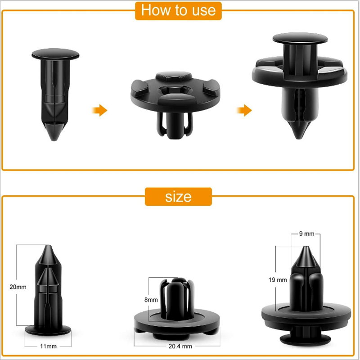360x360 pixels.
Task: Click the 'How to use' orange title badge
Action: [x=178, y=11]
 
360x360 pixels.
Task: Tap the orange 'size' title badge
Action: [x=178, y=197]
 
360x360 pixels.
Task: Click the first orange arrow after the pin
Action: [x=99, y=110]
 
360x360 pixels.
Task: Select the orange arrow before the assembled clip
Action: [x=244, y=110]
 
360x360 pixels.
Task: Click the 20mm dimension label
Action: [x=18, y=287]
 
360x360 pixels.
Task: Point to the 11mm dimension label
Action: [x=48, y=346]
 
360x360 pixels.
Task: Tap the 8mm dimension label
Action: [x=151, y=300]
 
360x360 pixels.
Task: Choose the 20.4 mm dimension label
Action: [x=180, y=346]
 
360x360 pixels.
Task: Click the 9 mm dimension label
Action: [x=306, y=234]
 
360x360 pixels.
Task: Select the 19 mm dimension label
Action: [x=278, y=280]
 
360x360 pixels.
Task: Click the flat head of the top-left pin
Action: [x=55, y=54]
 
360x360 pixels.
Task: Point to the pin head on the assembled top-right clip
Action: [x=300, y=38]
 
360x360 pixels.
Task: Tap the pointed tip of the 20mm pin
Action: [x=48, y=246]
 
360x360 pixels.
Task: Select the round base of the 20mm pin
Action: [x=48, y=330]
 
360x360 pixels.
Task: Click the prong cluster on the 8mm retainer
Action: [x=177, y=298]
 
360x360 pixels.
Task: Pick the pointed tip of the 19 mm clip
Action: [x=306, y=247]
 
